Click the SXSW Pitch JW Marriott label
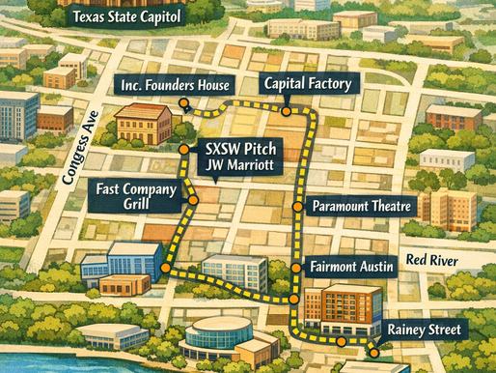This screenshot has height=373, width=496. point(238,158)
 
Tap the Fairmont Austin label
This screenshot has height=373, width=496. point(352,266)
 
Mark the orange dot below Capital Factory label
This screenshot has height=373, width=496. point(286,111)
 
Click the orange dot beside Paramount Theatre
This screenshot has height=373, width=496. point(297,206)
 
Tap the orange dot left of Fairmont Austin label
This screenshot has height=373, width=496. point(295,267)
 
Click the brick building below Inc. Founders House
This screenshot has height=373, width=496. point(142,123)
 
